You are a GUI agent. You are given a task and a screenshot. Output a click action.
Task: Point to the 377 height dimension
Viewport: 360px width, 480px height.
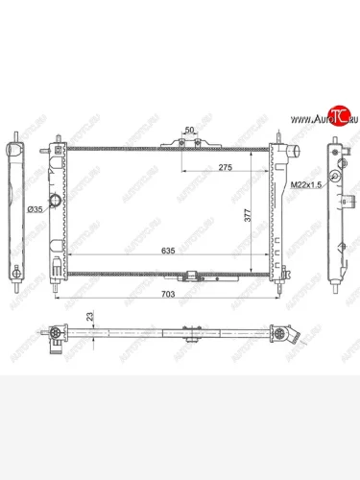[248, 217]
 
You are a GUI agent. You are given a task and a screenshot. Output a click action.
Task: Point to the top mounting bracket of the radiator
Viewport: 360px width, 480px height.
[181, 142]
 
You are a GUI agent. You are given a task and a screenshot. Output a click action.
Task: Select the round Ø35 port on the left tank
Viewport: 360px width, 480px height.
[57, 203]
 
